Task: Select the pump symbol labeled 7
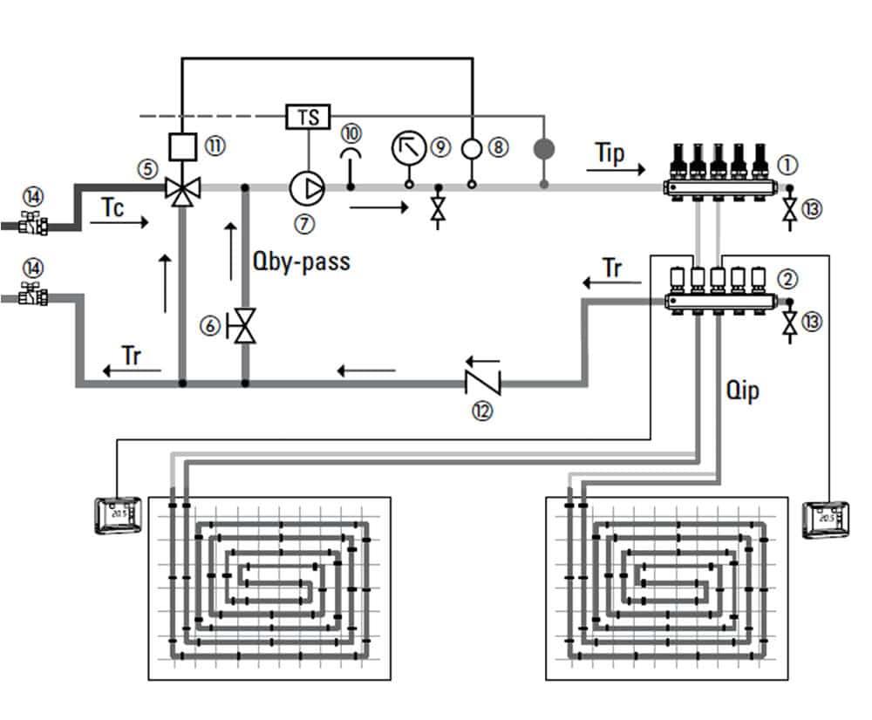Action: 307,187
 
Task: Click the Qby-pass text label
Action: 300,261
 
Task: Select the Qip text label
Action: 742,391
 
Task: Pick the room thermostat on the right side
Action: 825,520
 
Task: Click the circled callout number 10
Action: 351,132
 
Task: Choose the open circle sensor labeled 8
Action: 473,147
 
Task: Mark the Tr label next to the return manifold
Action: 613,268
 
